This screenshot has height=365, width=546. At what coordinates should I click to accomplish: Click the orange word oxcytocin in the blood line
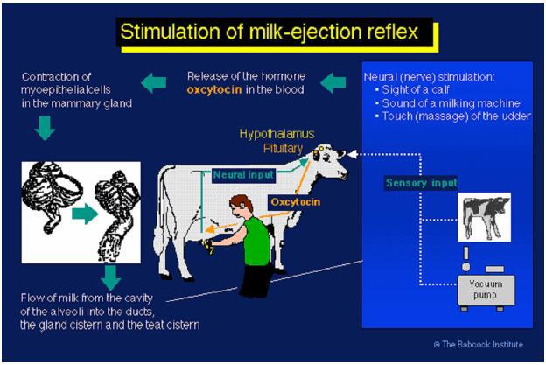(x=214, y=90)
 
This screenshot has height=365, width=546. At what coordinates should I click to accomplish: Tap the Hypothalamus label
(x=276, y=134)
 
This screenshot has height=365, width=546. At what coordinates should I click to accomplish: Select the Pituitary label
(x=283, y=149)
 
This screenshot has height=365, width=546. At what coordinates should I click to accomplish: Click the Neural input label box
(x=243, y=175)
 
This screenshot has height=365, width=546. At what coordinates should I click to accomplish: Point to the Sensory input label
(x=422, y=183)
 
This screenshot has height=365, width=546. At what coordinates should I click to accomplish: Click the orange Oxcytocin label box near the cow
(x=295, y=202)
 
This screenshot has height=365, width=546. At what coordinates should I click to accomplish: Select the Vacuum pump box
(x=486, y=290)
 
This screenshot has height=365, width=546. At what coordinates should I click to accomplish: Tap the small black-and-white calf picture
(x=484, y=217)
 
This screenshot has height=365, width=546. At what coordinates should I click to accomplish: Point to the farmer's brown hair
(x=241, y=201)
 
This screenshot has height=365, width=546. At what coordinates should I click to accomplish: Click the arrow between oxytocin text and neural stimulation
(x=332, y=83)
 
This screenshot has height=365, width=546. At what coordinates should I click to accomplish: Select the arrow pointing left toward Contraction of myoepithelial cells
(x=154, y=83)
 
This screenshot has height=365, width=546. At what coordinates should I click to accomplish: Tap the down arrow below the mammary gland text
(x=45, y=128)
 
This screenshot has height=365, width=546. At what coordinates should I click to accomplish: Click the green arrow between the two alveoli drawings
(x=85, y=214)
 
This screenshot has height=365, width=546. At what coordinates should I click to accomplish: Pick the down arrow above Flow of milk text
(x=111, y=278)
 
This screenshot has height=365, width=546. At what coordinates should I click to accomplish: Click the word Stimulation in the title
(x=170, y=32)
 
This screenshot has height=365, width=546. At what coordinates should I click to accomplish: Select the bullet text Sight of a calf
(x=416, y=90)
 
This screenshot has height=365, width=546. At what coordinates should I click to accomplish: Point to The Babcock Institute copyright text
(x=479, y=345)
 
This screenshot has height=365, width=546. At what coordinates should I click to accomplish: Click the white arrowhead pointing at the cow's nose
(x=352, y=154)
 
